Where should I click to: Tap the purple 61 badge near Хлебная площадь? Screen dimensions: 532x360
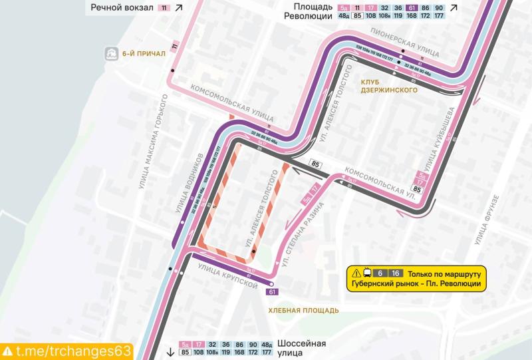click(x=272, y=291)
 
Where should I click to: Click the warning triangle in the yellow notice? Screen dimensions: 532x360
click(x=356, y=273)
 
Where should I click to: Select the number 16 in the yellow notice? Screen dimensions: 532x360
click(x=396, y=273)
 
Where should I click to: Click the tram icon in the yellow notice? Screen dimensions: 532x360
click(x=367, y=273)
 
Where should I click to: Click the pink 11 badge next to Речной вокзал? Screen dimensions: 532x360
click(x=164, y=8)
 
